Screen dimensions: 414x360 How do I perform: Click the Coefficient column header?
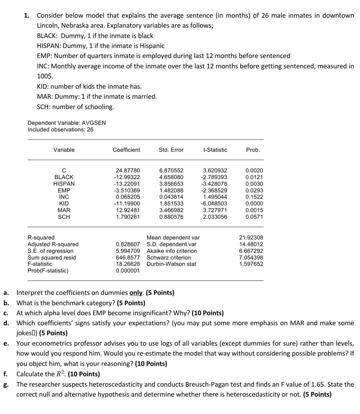(126, 150)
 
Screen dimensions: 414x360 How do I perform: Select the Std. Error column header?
(171, 150)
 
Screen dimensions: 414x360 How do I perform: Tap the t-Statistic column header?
(215, 150)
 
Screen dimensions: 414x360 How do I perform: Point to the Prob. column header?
(253, 150)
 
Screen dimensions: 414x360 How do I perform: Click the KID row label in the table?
(64, 203)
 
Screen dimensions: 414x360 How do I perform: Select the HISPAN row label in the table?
(64, 184)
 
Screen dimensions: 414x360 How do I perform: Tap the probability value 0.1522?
(254, 197)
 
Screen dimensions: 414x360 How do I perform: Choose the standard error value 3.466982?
(171, 210)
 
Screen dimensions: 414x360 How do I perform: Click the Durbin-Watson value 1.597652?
(251, 264)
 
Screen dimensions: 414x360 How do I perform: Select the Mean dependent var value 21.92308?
(251, 238)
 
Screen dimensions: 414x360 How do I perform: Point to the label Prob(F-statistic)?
(48, 271)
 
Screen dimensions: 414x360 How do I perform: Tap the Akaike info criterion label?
(172, 251)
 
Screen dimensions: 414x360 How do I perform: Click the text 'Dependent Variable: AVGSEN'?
(67, 123)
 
